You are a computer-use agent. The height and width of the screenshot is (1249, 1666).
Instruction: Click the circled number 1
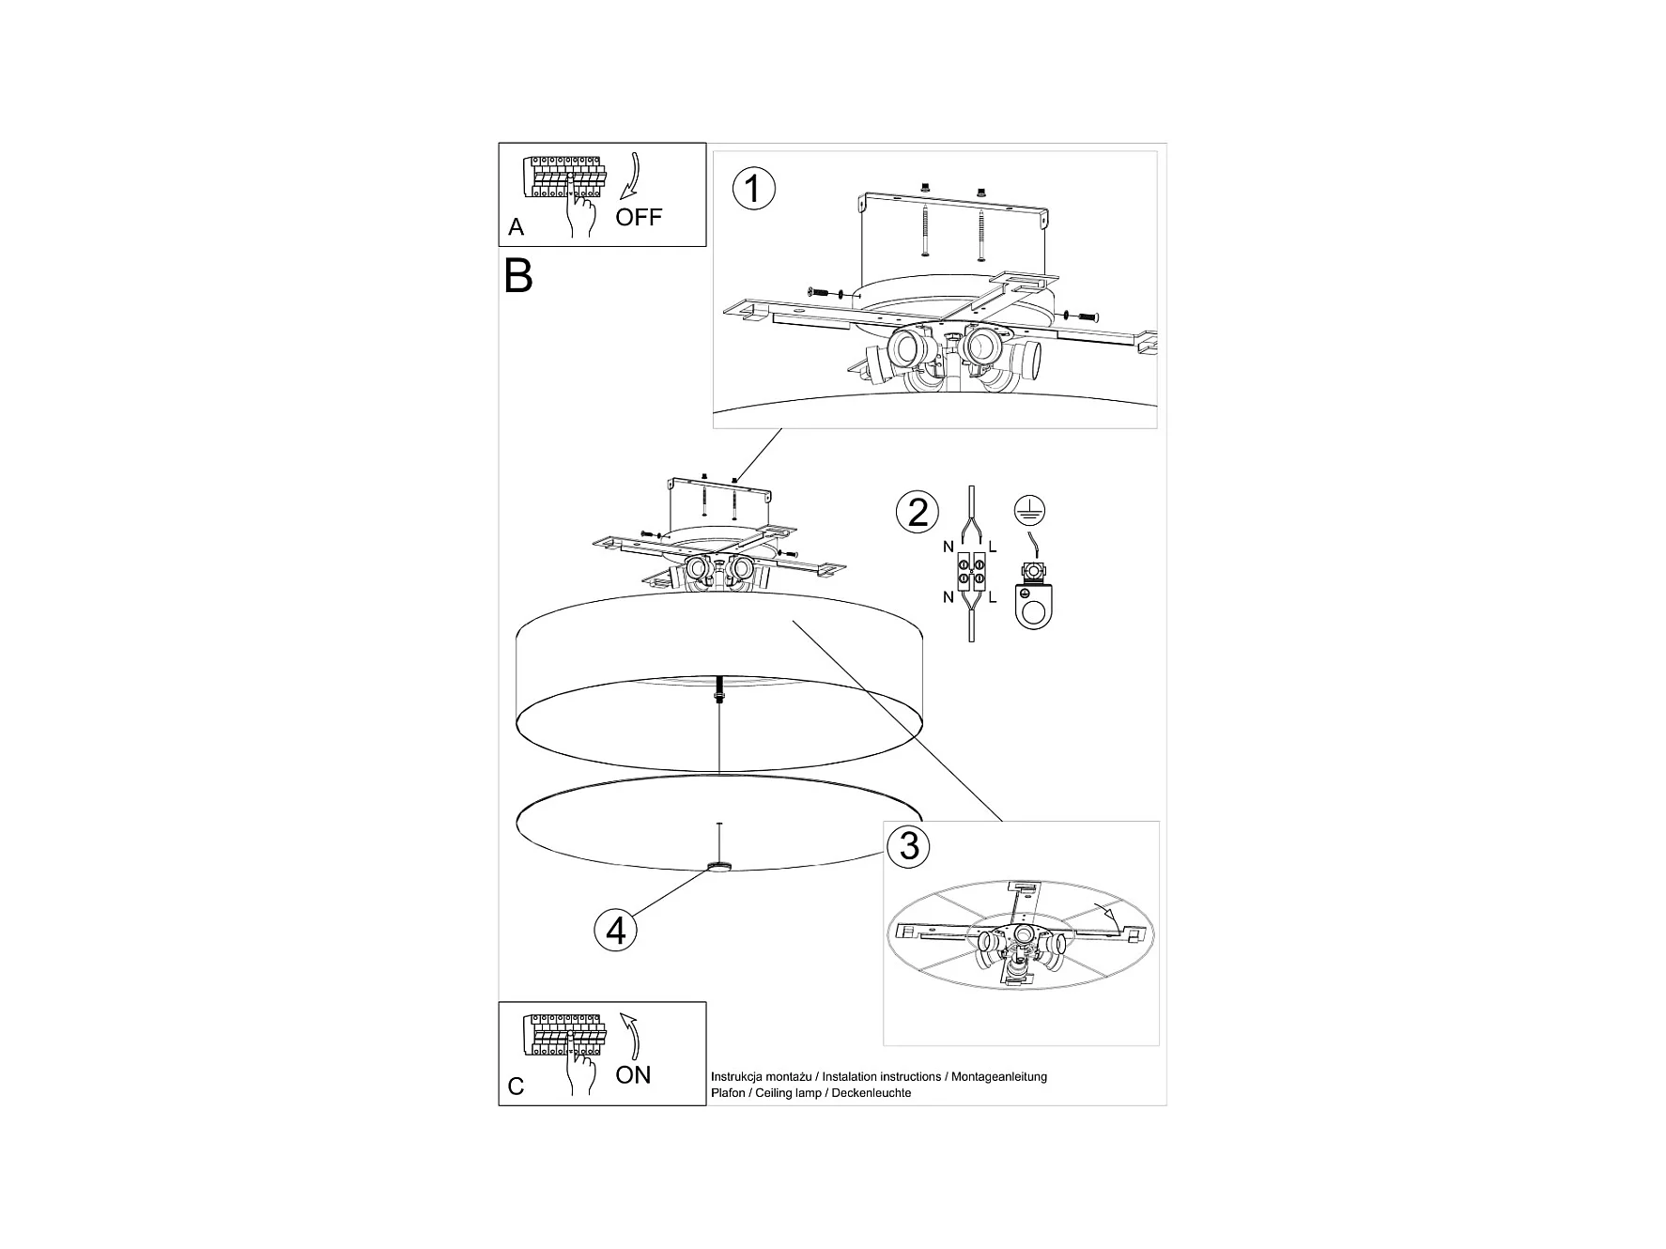pyautogui.click(x=752, y=189)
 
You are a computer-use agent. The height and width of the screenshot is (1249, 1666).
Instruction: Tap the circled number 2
pyautogui.click(x=918, y=512)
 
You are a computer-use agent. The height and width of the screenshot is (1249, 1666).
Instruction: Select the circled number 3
pyautogui.click(x=908, y=846)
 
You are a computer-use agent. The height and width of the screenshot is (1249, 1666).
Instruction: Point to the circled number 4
pyautogui.click(x=616, y=931)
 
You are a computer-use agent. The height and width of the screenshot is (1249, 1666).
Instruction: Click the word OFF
pyautogui.click(x=639, y=218)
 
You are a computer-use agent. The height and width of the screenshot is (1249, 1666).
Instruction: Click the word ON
pyautogui.click(x=633, y=1075)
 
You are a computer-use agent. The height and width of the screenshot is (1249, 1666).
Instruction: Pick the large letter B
pyautogui.click(x=518, y=276)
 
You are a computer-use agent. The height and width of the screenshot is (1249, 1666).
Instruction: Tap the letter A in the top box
pyautogui.click(x=516, y=227)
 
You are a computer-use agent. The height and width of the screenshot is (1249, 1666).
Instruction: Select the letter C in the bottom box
pyautogui.click(x=516, y=1087)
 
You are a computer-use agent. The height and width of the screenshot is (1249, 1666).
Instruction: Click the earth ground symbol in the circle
pyautogui.click(x=1030, y=511)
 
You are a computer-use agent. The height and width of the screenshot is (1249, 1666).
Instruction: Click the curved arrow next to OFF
pyautogui.click(x=628, y=178)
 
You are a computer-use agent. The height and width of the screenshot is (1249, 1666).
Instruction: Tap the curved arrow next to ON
pyautogui.click(x=633, y=1036)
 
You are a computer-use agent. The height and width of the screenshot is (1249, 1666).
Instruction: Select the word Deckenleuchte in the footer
pyautogui.click(x=872, y=1093)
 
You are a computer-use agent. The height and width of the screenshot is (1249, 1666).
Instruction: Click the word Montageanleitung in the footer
pyautogui.click(x=999, y=1077)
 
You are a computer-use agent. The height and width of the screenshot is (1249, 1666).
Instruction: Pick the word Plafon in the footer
pyautogui.click(x=728, y=1093)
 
